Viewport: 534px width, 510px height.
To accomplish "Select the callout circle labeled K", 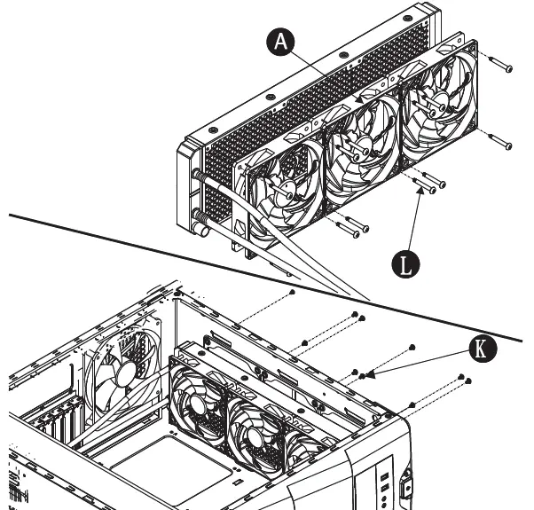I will [x=481, y=349].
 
